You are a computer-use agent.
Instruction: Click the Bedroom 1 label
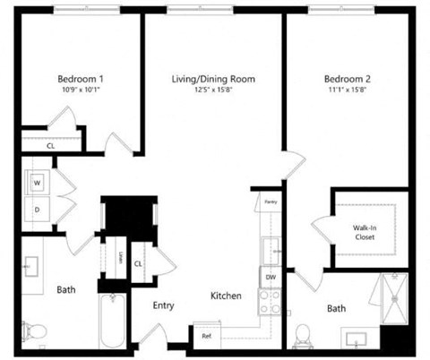click(x=82, y=78)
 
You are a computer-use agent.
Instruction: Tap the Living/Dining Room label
click(x=213, y=79)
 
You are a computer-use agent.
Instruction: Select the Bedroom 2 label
click(x=347, y=79)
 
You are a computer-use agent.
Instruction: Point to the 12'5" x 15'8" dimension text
click(x=213, y=90)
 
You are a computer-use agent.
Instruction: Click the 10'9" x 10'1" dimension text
click(x=82, y=90)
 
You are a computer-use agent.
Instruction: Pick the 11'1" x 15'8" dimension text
click(x=347, y=90)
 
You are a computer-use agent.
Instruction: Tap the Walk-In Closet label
click(x=364, y=233)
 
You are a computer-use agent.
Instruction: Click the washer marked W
click(x=39, y=183)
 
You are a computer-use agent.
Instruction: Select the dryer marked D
click(x=39, y=210)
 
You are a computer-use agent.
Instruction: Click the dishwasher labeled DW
click(x=271, y=278)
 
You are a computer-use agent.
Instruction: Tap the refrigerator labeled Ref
click(x=206, y=336)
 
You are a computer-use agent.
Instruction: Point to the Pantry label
click(x=270, y=203)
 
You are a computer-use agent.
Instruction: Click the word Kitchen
click(x=226, y=296)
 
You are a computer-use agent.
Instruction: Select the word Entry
click(x=163, y=305)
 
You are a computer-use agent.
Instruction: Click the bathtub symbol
click(x=113, y=321)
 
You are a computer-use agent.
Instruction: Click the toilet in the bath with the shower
click(x=303, y=336)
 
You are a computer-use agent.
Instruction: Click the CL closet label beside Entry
click(x=139, y=263)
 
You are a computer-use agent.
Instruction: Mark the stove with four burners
click(x=271, y=302)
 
